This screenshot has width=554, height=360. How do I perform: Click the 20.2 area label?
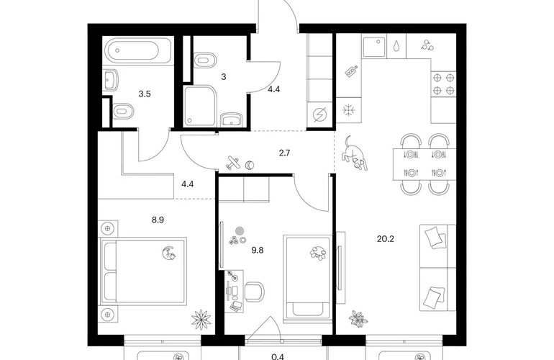tap(385, 239)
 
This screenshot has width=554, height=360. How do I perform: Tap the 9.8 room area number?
tap(258, 251)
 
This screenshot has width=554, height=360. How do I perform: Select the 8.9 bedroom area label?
tap(158, 220)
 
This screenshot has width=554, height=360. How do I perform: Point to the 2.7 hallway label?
tap(284, 153)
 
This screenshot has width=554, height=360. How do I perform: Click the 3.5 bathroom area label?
tap(145, 94)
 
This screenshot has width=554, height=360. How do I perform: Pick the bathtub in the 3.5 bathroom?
tap(139, 50)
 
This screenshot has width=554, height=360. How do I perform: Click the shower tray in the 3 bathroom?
tap(199, 105)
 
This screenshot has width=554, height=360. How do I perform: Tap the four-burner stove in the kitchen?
tap(443, 84)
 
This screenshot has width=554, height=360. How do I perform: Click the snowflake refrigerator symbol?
tap(348, 110)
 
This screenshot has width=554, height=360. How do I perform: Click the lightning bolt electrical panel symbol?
tap(319, 114)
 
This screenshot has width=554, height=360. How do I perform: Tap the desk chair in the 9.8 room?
tap(255, 292)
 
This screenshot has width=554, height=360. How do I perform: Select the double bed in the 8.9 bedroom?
tap(144, 271)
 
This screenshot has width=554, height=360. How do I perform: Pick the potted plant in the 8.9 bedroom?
tap(201, 320)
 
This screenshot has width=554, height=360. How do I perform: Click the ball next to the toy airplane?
tap(250, 165)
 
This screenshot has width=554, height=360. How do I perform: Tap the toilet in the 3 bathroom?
tap(205, 60)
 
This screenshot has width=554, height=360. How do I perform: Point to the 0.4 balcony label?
tap(278, 356)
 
